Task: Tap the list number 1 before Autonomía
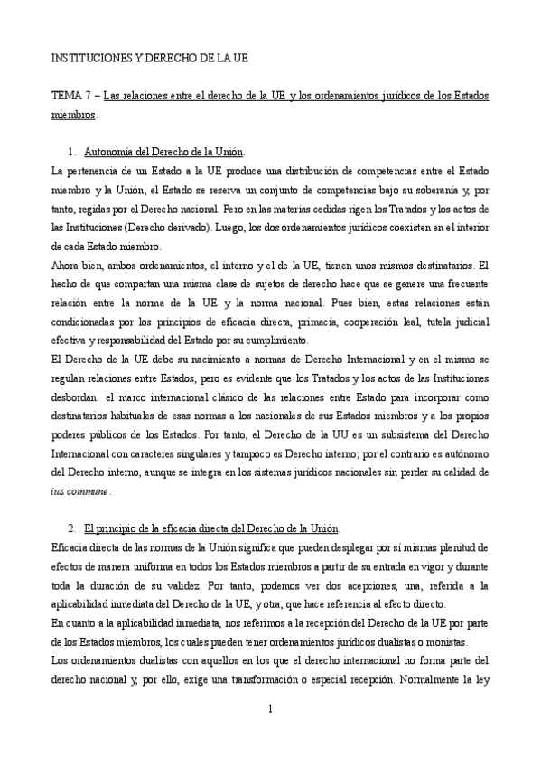(71, 151)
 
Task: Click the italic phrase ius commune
(79, 491)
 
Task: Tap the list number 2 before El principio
(71, 528)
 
